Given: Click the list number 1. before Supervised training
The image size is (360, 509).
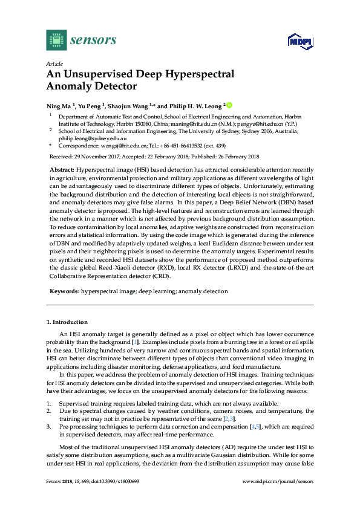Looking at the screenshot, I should tap(48, 403).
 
